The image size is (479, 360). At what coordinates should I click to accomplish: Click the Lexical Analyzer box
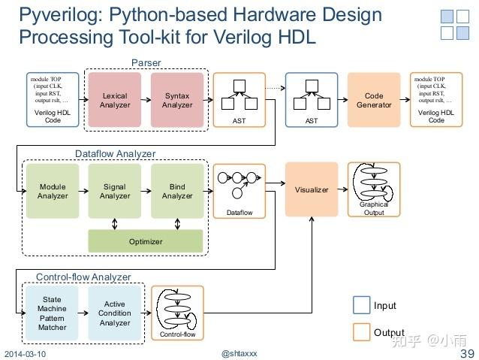(x=115, y=100)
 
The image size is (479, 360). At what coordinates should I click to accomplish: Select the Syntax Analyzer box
(x=177, y=100)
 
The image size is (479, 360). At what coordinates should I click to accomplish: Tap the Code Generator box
(x=374, y=100)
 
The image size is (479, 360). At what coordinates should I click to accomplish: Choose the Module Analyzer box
(x=52, y=191)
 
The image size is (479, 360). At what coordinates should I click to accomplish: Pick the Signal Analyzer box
(x=115, y=191)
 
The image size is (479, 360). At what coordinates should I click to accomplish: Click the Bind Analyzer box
(x=177, y=191)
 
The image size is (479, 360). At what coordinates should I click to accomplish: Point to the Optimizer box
(x=146, y=242)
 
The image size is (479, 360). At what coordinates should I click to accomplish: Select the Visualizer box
(x=312, y=189)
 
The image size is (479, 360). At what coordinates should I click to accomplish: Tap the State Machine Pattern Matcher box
(x=52, y=313)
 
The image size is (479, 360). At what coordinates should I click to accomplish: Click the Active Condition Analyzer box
(x=115, y=313)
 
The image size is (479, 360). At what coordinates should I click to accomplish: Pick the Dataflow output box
(x=239, y=191)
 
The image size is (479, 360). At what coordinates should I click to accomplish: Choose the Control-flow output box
(x=178, y=313)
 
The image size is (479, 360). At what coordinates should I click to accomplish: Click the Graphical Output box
(x=374, y=189)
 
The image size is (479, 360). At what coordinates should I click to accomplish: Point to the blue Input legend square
(x=361, y=305)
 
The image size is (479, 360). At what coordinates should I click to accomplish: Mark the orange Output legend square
(x=361, y=331)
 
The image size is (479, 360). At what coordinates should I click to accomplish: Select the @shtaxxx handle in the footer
(x=239, y=353)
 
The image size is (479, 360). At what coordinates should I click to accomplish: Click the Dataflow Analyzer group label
(x=115, y=153)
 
